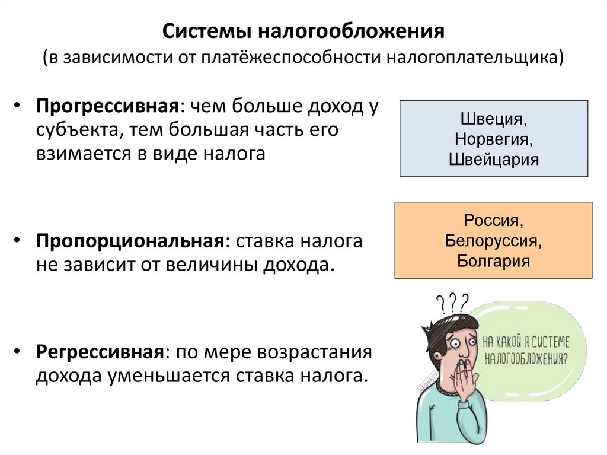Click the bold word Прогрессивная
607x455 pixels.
[x=107, y=107]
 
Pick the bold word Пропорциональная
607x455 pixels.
[x=130, y=241]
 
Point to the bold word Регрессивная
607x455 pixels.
[x=100, y=352]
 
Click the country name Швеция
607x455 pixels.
[x=494, y=119]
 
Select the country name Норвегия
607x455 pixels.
[x=494, y=139]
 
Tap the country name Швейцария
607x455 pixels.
[x=494, y=159]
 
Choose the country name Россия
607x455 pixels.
[x=493, y=221]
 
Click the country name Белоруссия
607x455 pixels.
[x=493, y=241]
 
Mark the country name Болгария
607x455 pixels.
[x=493, y=261]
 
